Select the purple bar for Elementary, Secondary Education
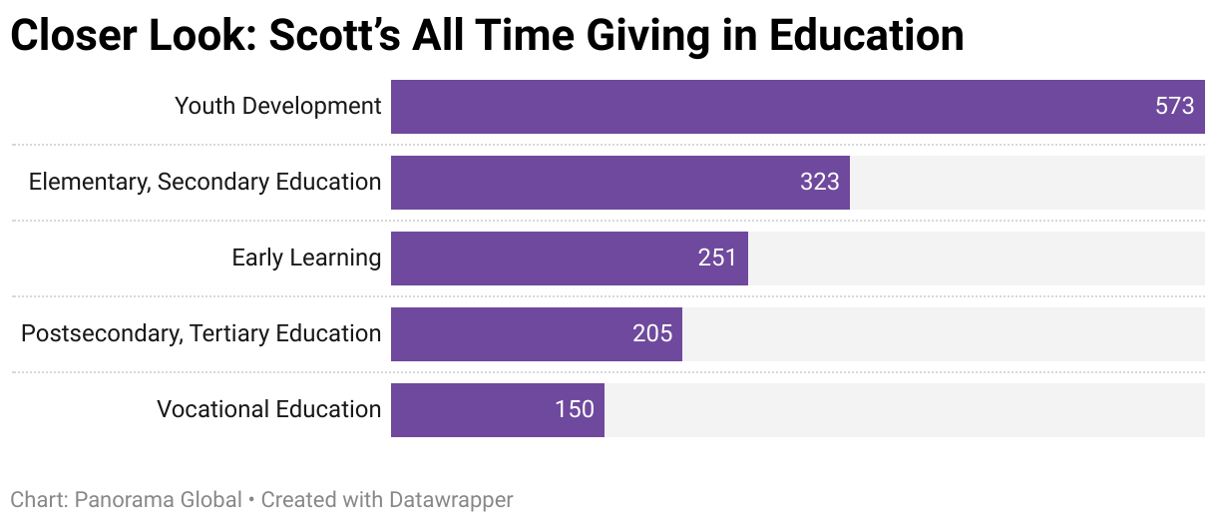click(599, 183)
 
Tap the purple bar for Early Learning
click(549, 259)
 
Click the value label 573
click(1174, 107)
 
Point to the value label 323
click(819, 183)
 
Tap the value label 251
click(717, 259)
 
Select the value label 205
click(652, 334)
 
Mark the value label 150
click(575, 410)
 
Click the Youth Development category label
click(277, 106)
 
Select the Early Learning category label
click(306, 258)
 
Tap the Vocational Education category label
click(268, 409)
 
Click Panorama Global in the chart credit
click(159, 499)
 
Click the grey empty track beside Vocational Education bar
click(903, 410)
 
